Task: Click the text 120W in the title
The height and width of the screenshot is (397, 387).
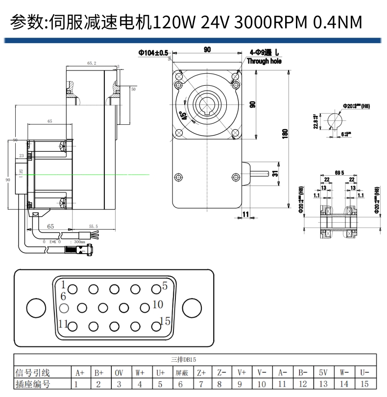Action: click(x=175, y=22)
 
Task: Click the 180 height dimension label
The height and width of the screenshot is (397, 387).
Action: click(x=285, y=133)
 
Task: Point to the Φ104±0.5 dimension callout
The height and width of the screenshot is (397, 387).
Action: click(x=153, y=52)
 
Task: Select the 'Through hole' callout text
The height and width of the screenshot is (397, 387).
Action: click(x=264, y=61)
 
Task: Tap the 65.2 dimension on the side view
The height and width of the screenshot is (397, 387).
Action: click(x=92, y=63)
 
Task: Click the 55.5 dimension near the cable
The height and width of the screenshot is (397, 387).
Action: click(x=94, y=226)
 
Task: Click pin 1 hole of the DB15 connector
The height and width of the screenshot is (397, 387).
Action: click(x=73, y=289)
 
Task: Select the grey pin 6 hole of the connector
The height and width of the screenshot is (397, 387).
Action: click(x=63, y=308)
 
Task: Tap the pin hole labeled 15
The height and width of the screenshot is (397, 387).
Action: click(x=156, y=327)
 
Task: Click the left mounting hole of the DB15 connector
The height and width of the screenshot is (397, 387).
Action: click(x=35, y=308)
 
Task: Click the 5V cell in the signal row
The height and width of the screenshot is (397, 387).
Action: click(x=323, y=373)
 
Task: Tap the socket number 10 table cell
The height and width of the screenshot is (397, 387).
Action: click(x=262, y=384)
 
